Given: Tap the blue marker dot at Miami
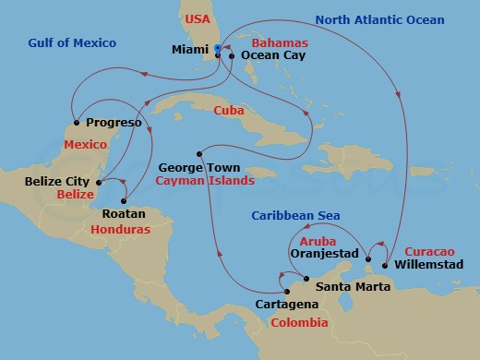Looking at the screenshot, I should click(x=216, y=48).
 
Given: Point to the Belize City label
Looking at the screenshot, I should click(x=62, y=183).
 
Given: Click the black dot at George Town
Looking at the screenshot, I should click(x=198, y=153).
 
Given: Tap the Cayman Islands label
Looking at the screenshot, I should click(x=205, y=181).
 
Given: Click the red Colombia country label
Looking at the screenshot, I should click(x=298, y=322).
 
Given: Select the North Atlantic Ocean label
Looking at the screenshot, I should click(x=378, y=19).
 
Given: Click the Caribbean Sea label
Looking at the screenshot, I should click(x=297, y=215).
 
